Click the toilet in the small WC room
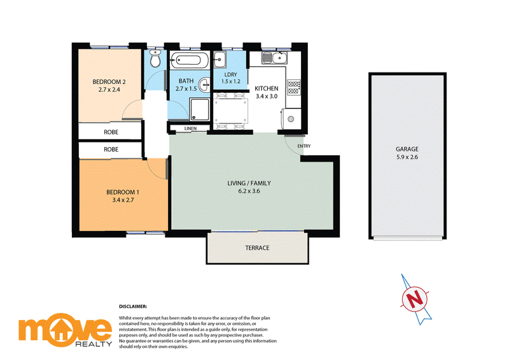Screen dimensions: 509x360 coord(155,59)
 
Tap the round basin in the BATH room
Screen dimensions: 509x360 coord(204,85)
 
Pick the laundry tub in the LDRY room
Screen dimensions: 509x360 coord(220,60)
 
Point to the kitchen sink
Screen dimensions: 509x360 coord(275,58)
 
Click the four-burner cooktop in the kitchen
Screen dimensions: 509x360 coord(294,87)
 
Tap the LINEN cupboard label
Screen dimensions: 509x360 coord(190,128)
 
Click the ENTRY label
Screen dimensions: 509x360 coord(304,146)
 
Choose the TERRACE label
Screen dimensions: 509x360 coord(258,248)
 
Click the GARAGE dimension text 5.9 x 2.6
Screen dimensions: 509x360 coord(407,157)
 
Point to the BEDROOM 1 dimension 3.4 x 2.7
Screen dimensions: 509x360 coord(123,200)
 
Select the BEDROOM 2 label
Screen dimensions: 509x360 coord(109,82)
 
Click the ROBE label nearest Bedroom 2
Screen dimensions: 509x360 coord(111,132)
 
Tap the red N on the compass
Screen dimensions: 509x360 coord(414,299)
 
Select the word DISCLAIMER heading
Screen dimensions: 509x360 coord(133,307)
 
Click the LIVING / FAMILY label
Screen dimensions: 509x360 coord(249,183)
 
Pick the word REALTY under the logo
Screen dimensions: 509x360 coord(94,343)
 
